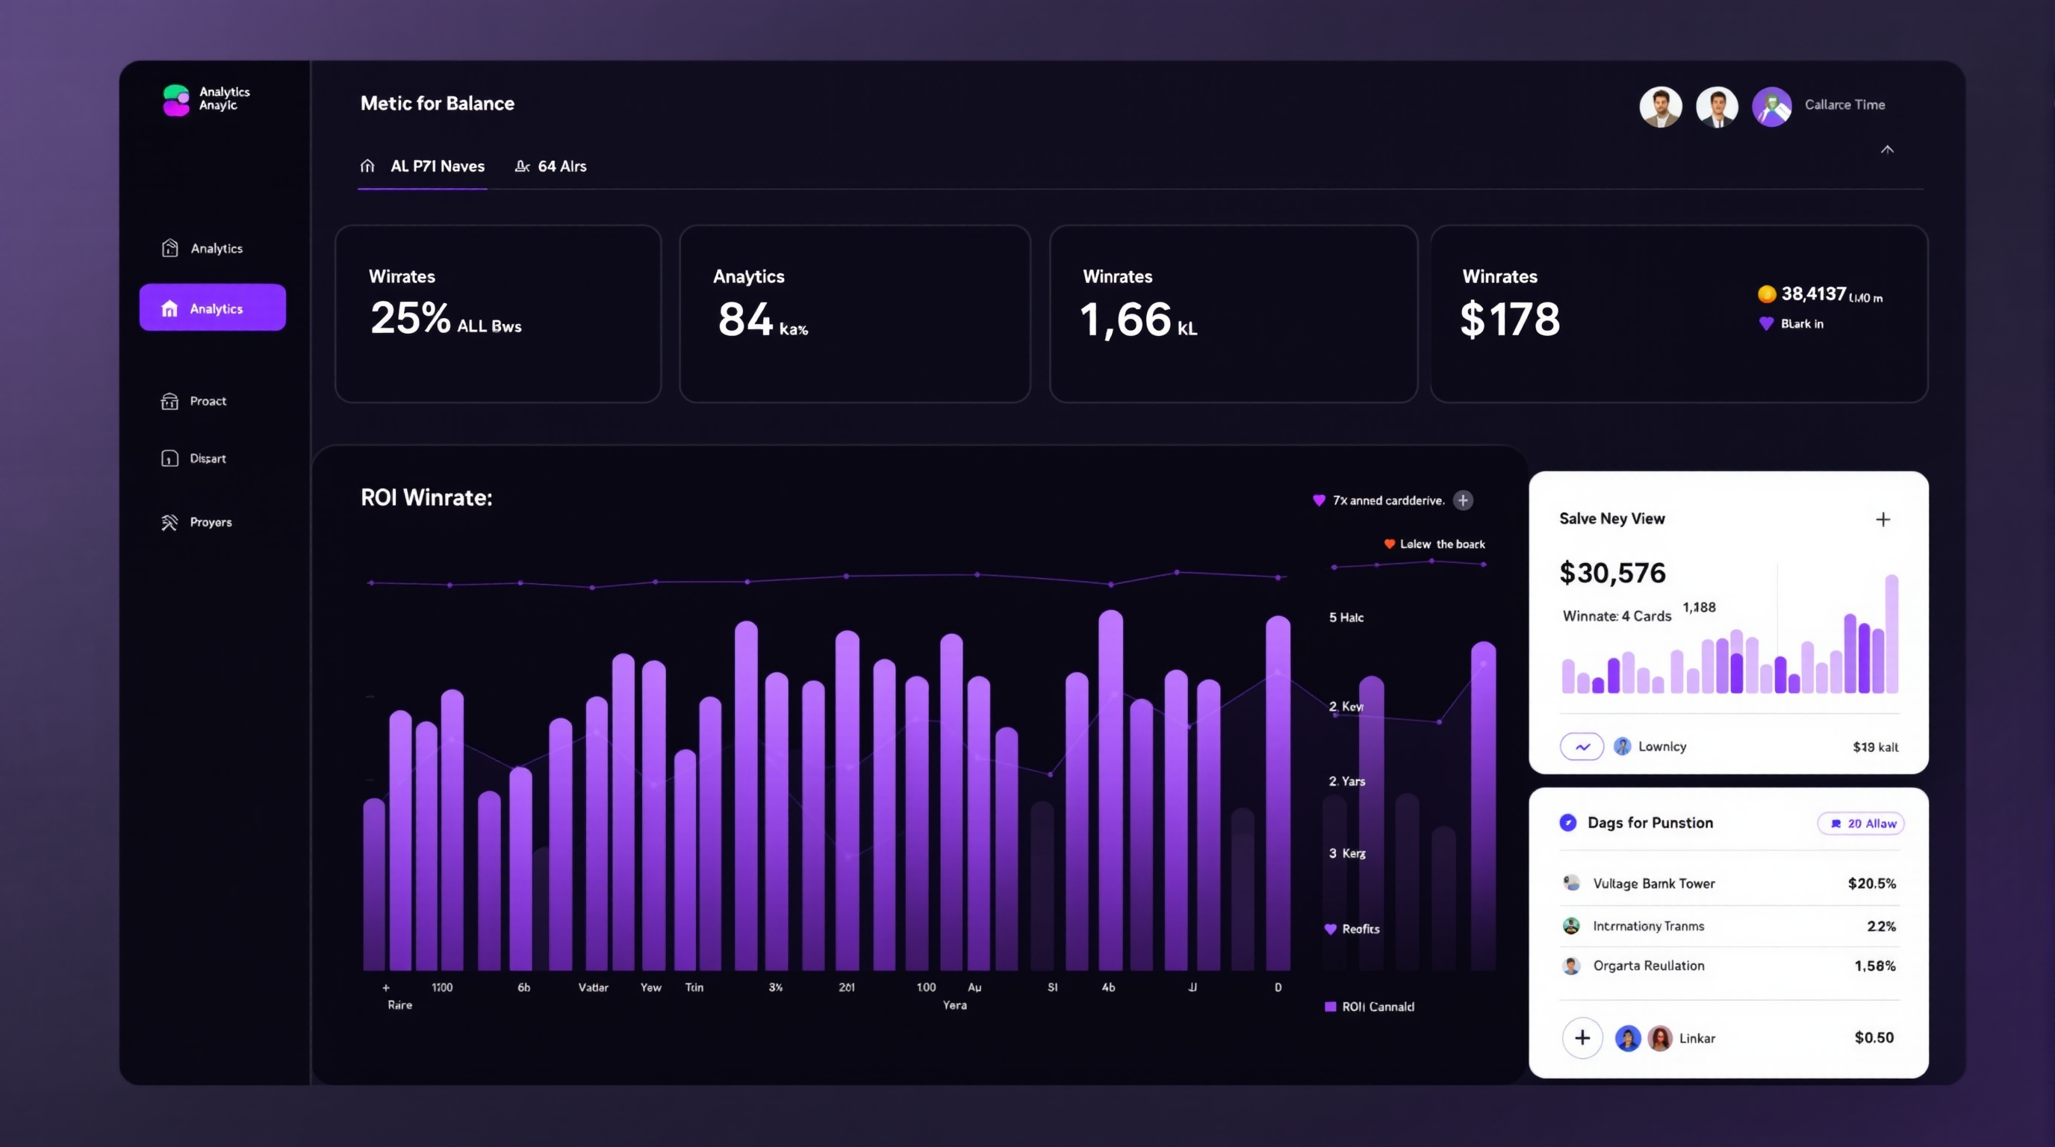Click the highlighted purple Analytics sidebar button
point(212,308)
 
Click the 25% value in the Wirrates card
point(410,318)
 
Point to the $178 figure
point(1509,319)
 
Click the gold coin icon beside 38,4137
point(1766,293)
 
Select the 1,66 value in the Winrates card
point(1125,319)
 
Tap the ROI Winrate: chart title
point(426,498)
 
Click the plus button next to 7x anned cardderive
point(1462,500)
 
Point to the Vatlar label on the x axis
point(593,987)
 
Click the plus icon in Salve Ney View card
point(1883,519)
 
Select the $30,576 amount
point(1612,573)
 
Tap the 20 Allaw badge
point(1861,823)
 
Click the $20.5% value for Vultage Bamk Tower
point(1871,883)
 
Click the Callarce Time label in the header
point(1844,105)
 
